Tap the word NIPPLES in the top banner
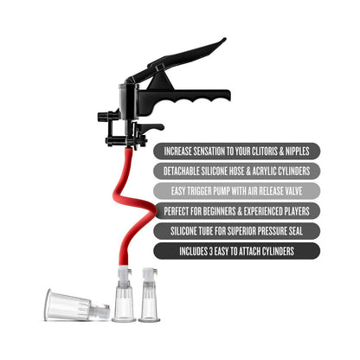(298, 151)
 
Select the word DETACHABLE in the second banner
(181, 171)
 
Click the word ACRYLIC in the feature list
(263, 171)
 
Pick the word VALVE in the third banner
(292, 191)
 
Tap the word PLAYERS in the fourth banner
(297, 211)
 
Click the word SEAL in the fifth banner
(295, 231)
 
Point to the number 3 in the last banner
(210, 251)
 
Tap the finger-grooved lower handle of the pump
(184, 100)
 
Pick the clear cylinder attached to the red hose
(124, 303)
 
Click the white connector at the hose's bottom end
(125, 274)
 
